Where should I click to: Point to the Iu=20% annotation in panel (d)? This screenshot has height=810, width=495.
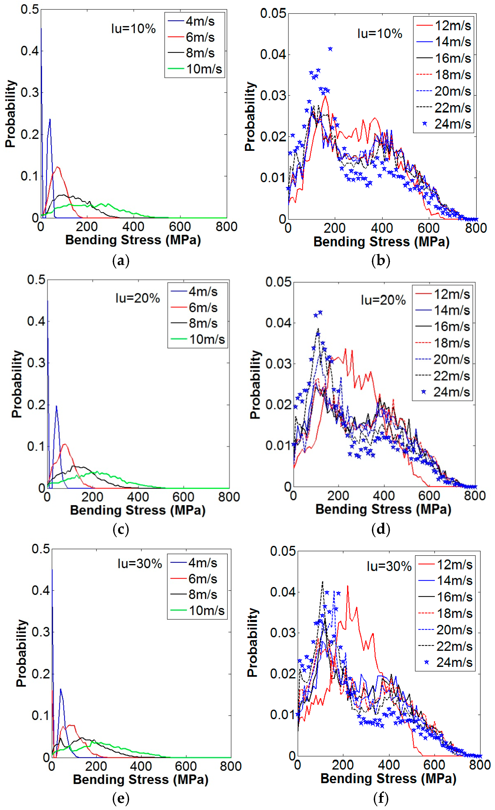(x=383, y=300)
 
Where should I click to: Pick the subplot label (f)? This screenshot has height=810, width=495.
(x=381, y=798)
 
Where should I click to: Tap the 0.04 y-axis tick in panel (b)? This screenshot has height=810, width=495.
(x=273, y=54)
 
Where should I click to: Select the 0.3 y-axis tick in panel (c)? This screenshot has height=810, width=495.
(x=36, y=363)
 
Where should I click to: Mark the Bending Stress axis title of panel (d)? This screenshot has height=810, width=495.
(x=383, y=509)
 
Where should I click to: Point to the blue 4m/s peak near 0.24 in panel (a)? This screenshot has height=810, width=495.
(x=50, y=119)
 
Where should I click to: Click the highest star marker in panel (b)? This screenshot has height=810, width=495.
(x=330, y=49)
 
